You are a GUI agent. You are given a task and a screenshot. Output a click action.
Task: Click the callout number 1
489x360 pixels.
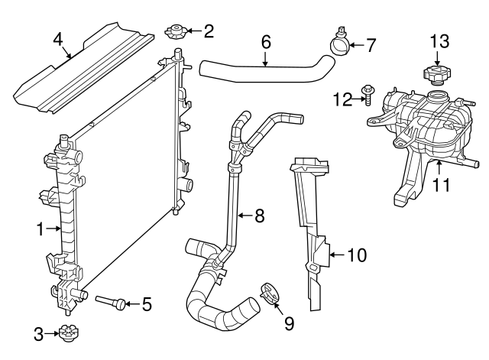40,228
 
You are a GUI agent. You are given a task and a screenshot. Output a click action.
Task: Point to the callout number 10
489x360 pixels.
356,255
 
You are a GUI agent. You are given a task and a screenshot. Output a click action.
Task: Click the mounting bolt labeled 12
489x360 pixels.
368,95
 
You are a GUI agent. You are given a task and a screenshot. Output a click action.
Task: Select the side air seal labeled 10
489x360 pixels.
313,229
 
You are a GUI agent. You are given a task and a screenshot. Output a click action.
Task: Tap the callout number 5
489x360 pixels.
147,305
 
